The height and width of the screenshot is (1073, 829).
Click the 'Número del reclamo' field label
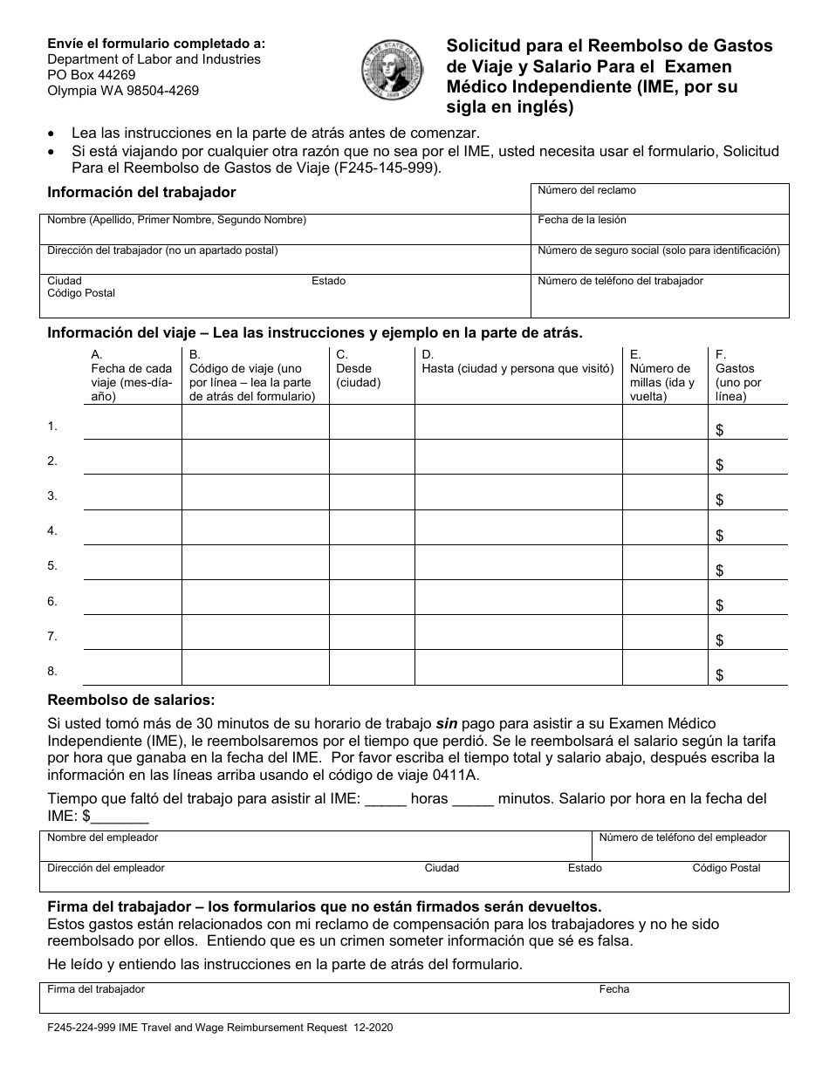pos(586,190)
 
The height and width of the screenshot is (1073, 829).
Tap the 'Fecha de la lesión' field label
pos(581,221)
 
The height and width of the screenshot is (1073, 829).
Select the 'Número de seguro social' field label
pos(658,250)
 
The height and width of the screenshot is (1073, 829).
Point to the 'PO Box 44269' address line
pos(92,75)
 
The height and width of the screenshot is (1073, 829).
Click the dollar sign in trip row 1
pos(719,430)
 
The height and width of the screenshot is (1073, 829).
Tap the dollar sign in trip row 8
pos(719,675)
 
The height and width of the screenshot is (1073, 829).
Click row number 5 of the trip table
pos(52,566)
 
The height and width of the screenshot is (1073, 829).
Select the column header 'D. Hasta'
pos(517,362)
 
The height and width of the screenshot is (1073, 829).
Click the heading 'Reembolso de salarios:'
pos(130,700)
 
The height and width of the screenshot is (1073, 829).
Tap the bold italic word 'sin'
pos(447,723)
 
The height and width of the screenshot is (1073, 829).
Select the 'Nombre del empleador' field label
pos(103,837)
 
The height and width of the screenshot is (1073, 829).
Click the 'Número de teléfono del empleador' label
pos(682,837)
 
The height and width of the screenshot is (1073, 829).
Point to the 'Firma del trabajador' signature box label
pos(96,989)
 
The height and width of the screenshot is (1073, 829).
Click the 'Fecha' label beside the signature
pos(613,989)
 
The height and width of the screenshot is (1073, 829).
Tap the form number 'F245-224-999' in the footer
pos(79,1029)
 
